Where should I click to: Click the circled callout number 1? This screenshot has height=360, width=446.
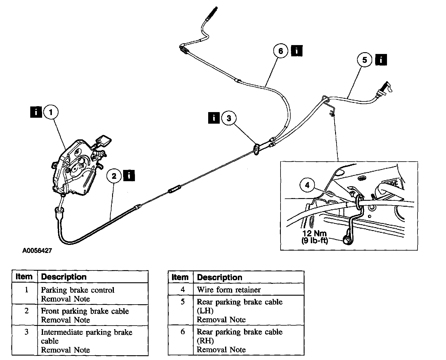[51, 112]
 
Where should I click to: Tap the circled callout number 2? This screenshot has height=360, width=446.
[114, 176]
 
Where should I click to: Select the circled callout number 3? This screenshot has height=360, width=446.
[229, 118]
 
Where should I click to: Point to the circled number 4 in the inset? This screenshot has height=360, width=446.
[307, 185]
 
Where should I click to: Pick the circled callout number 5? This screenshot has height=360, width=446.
[364, 60]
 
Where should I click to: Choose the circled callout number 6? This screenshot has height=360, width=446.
[281, 51]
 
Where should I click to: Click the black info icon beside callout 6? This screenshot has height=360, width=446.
[297, 51]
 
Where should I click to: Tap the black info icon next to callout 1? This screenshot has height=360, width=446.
[36, 112]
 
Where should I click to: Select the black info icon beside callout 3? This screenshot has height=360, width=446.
[214, 118]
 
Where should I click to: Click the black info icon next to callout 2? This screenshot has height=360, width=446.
[129, 175]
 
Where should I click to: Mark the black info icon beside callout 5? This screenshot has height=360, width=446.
[381, 60]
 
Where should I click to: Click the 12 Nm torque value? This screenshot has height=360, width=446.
[314, 233]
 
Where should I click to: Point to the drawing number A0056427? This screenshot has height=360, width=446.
[37, 251]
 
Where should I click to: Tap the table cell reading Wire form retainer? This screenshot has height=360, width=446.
[229, 290]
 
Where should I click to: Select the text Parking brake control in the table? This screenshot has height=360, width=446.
[78, 290]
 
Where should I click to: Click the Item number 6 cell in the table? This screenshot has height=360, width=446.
[183, 332]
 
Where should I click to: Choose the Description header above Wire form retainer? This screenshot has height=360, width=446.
[220, 277]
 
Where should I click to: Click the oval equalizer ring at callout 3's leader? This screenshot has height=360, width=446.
[257, 149]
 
